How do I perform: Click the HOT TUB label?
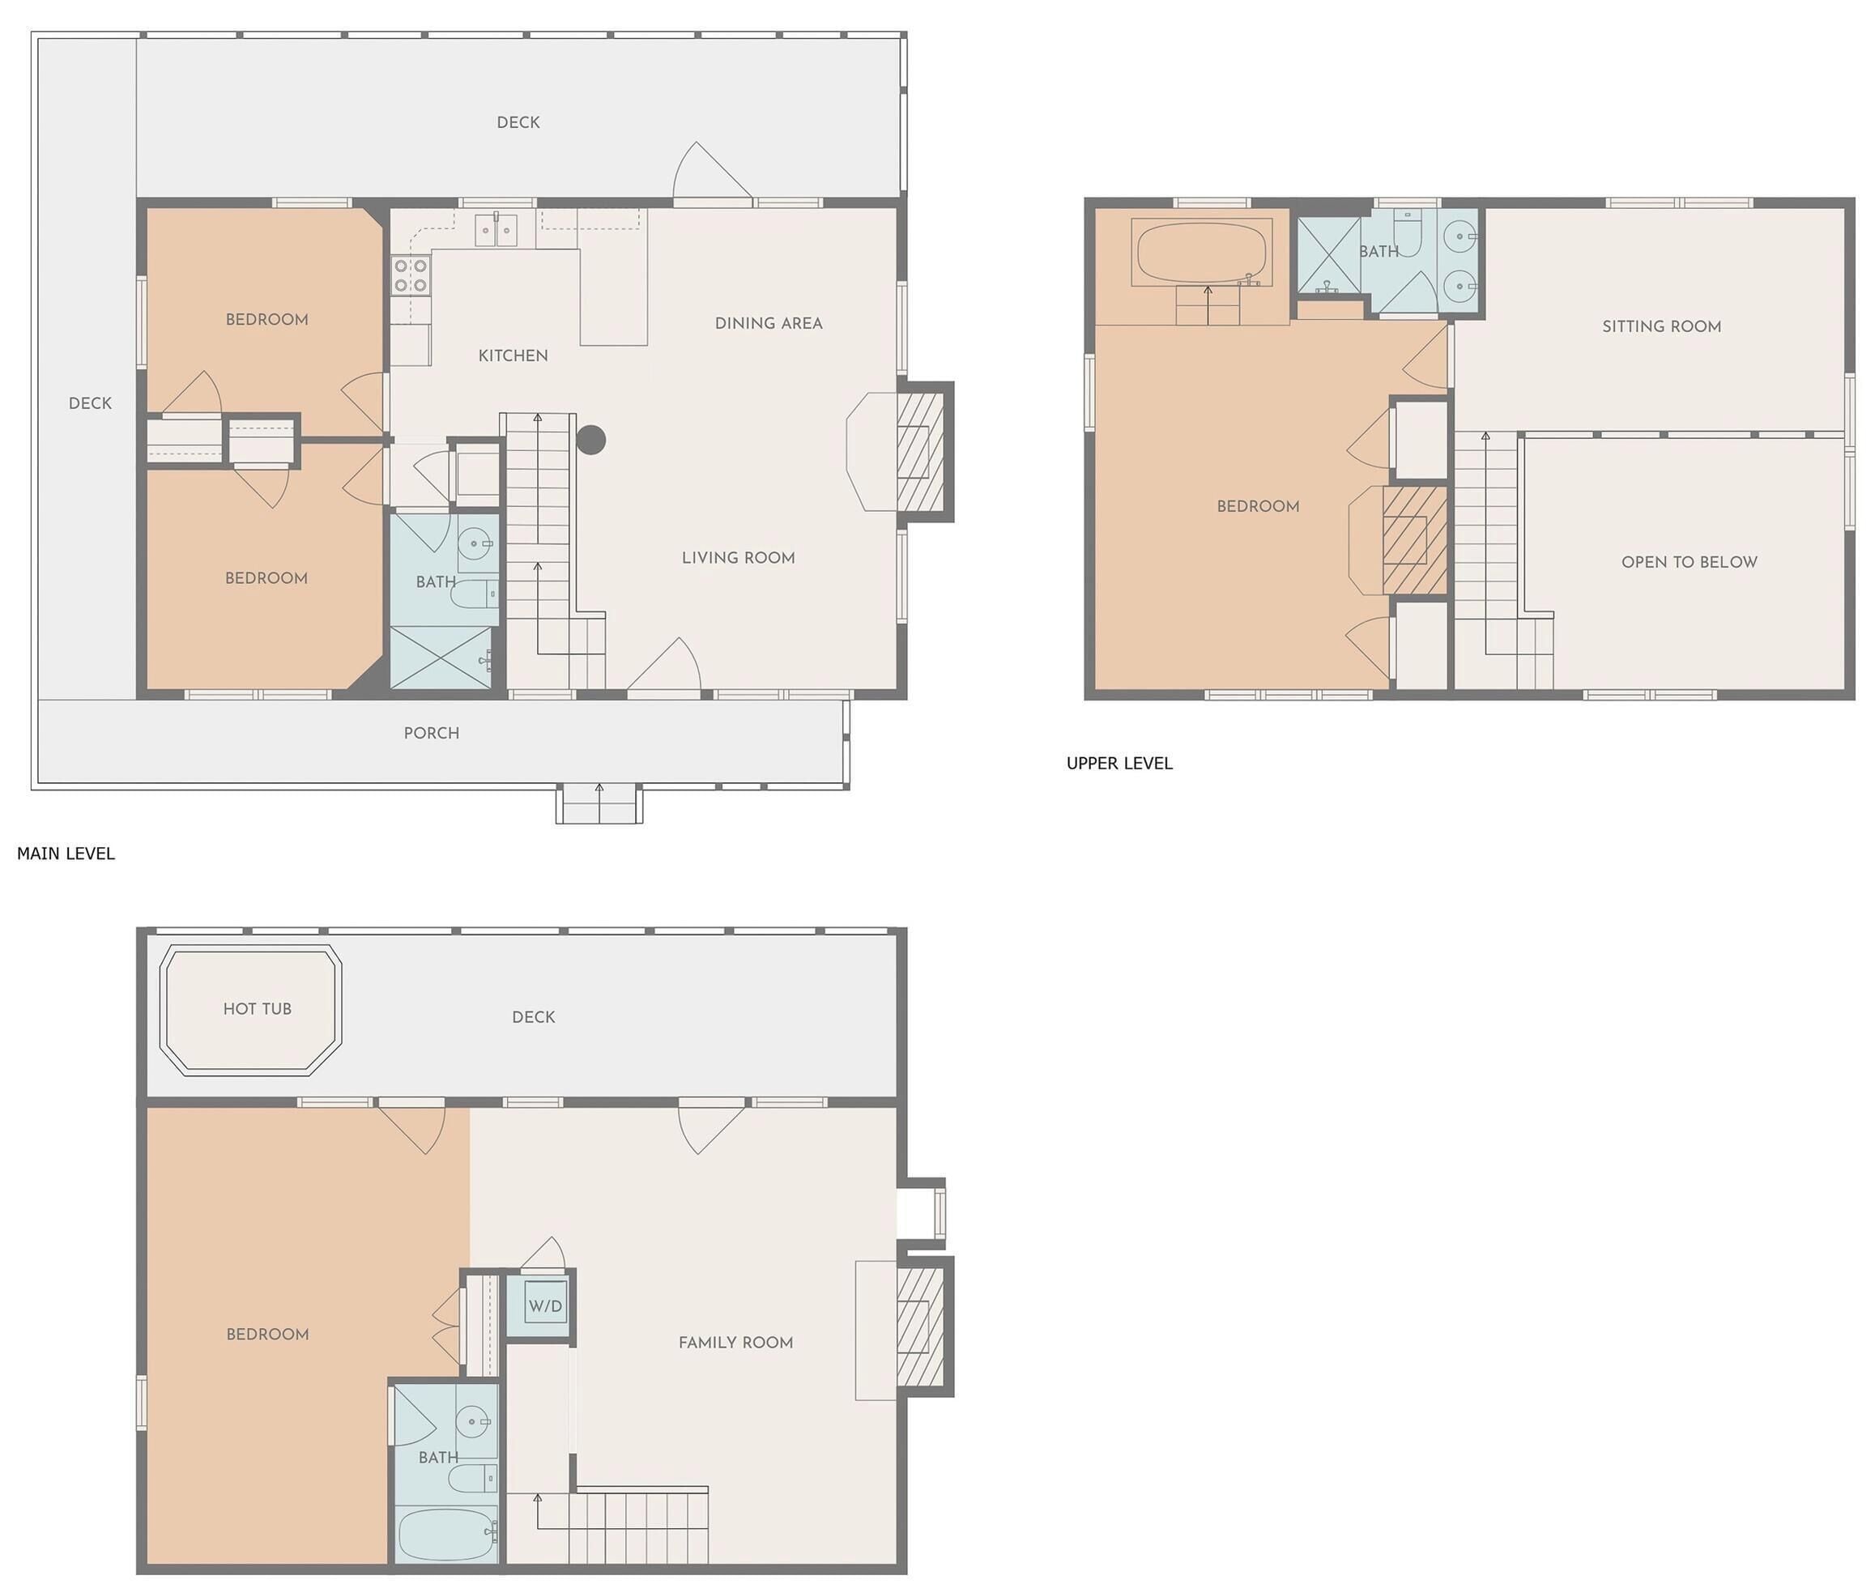coord(257,1008)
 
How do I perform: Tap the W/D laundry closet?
coord(545,1305)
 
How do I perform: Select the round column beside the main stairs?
coord(591,440)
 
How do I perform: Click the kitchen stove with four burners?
coord(411,275)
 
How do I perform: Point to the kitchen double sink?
coord(496,231)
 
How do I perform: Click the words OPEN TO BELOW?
coord(1689,562)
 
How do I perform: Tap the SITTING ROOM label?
coord(1661,327)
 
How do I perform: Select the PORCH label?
coord(431,734)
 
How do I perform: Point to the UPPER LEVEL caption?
coord(1119,764)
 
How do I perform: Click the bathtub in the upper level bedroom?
coord(1201,253)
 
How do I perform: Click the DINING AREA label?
coord(769,323)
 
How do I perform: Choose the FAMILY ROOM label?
coord(735,1343)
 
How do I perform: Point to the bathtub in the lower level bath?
coord(446,1535)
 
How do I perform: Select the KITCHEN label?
coord(513,356)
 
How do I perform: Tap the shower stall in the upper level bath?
coord(1328,255)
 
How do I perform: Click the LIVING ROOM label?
coord(738,558)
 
